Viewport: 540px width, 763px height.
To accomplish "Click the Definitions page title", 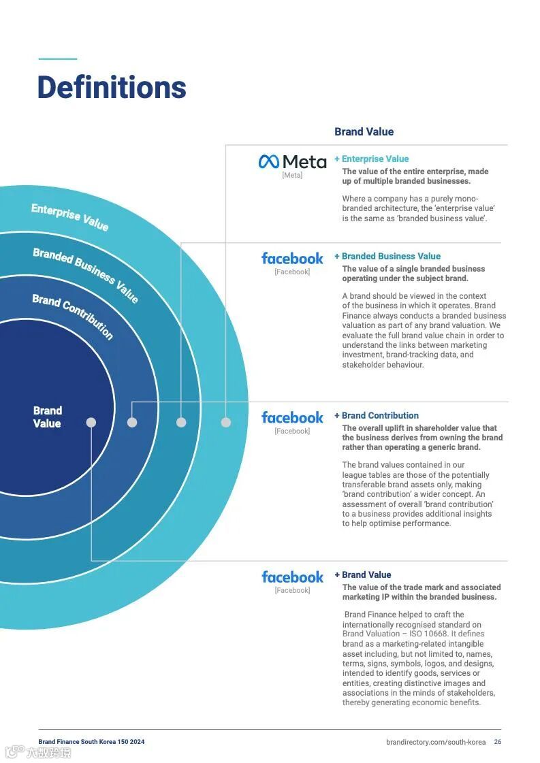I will click(112, 88).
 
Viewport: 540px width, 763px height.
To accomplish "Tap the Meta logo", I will click(292, 161).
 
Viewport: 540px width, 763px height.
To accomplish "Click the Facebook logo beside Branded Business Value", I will click(292, 259).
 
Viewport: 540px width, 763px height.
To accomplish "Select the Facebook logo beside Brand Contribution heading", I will click(292, 418).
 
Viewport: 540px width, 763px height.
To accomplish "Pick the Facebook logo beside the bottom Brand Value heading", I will click(292, 577).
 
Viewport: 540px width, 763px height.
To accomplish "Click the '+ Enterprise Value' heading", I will click(371, 159).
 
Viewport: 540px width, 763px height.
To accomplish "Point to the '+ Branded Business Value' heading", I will click(387, 257).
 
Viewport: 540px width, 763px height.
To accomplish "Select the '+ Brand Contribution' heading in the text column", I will click(377, 416).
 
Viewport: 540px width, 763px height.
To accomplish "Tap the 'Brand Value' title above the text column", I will click(364, 132).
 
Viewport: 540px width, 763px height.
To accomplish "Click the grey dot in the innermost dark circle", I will click(91, 423).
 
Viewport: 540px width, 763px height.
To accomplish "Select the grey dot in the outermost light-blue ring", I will click(226, 423).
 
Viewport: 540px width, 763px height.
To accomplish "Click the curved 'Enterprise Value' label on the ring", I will click(69, 216).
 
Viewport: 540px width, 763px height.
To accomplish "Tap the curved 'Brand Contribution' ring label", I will click(73, 316).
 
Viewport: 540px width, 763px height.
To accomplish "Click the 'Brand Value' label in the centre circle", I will click(48, 417).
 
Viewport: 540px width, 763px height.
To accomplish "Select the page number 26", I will click(498, 742).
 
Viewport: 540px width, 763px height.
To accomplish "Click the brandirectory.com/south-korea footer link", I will click(436, 742).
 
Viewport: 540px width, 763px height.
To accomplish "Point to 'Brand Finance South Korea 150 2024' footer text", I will click(91, 742).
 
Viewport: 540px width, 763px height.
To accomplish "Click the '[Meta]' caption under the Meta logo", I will click(292, 176).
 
